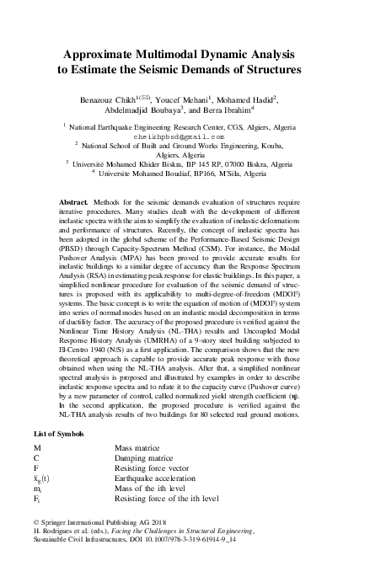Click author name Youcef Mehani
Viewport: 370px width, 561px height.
coord(190,99)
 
